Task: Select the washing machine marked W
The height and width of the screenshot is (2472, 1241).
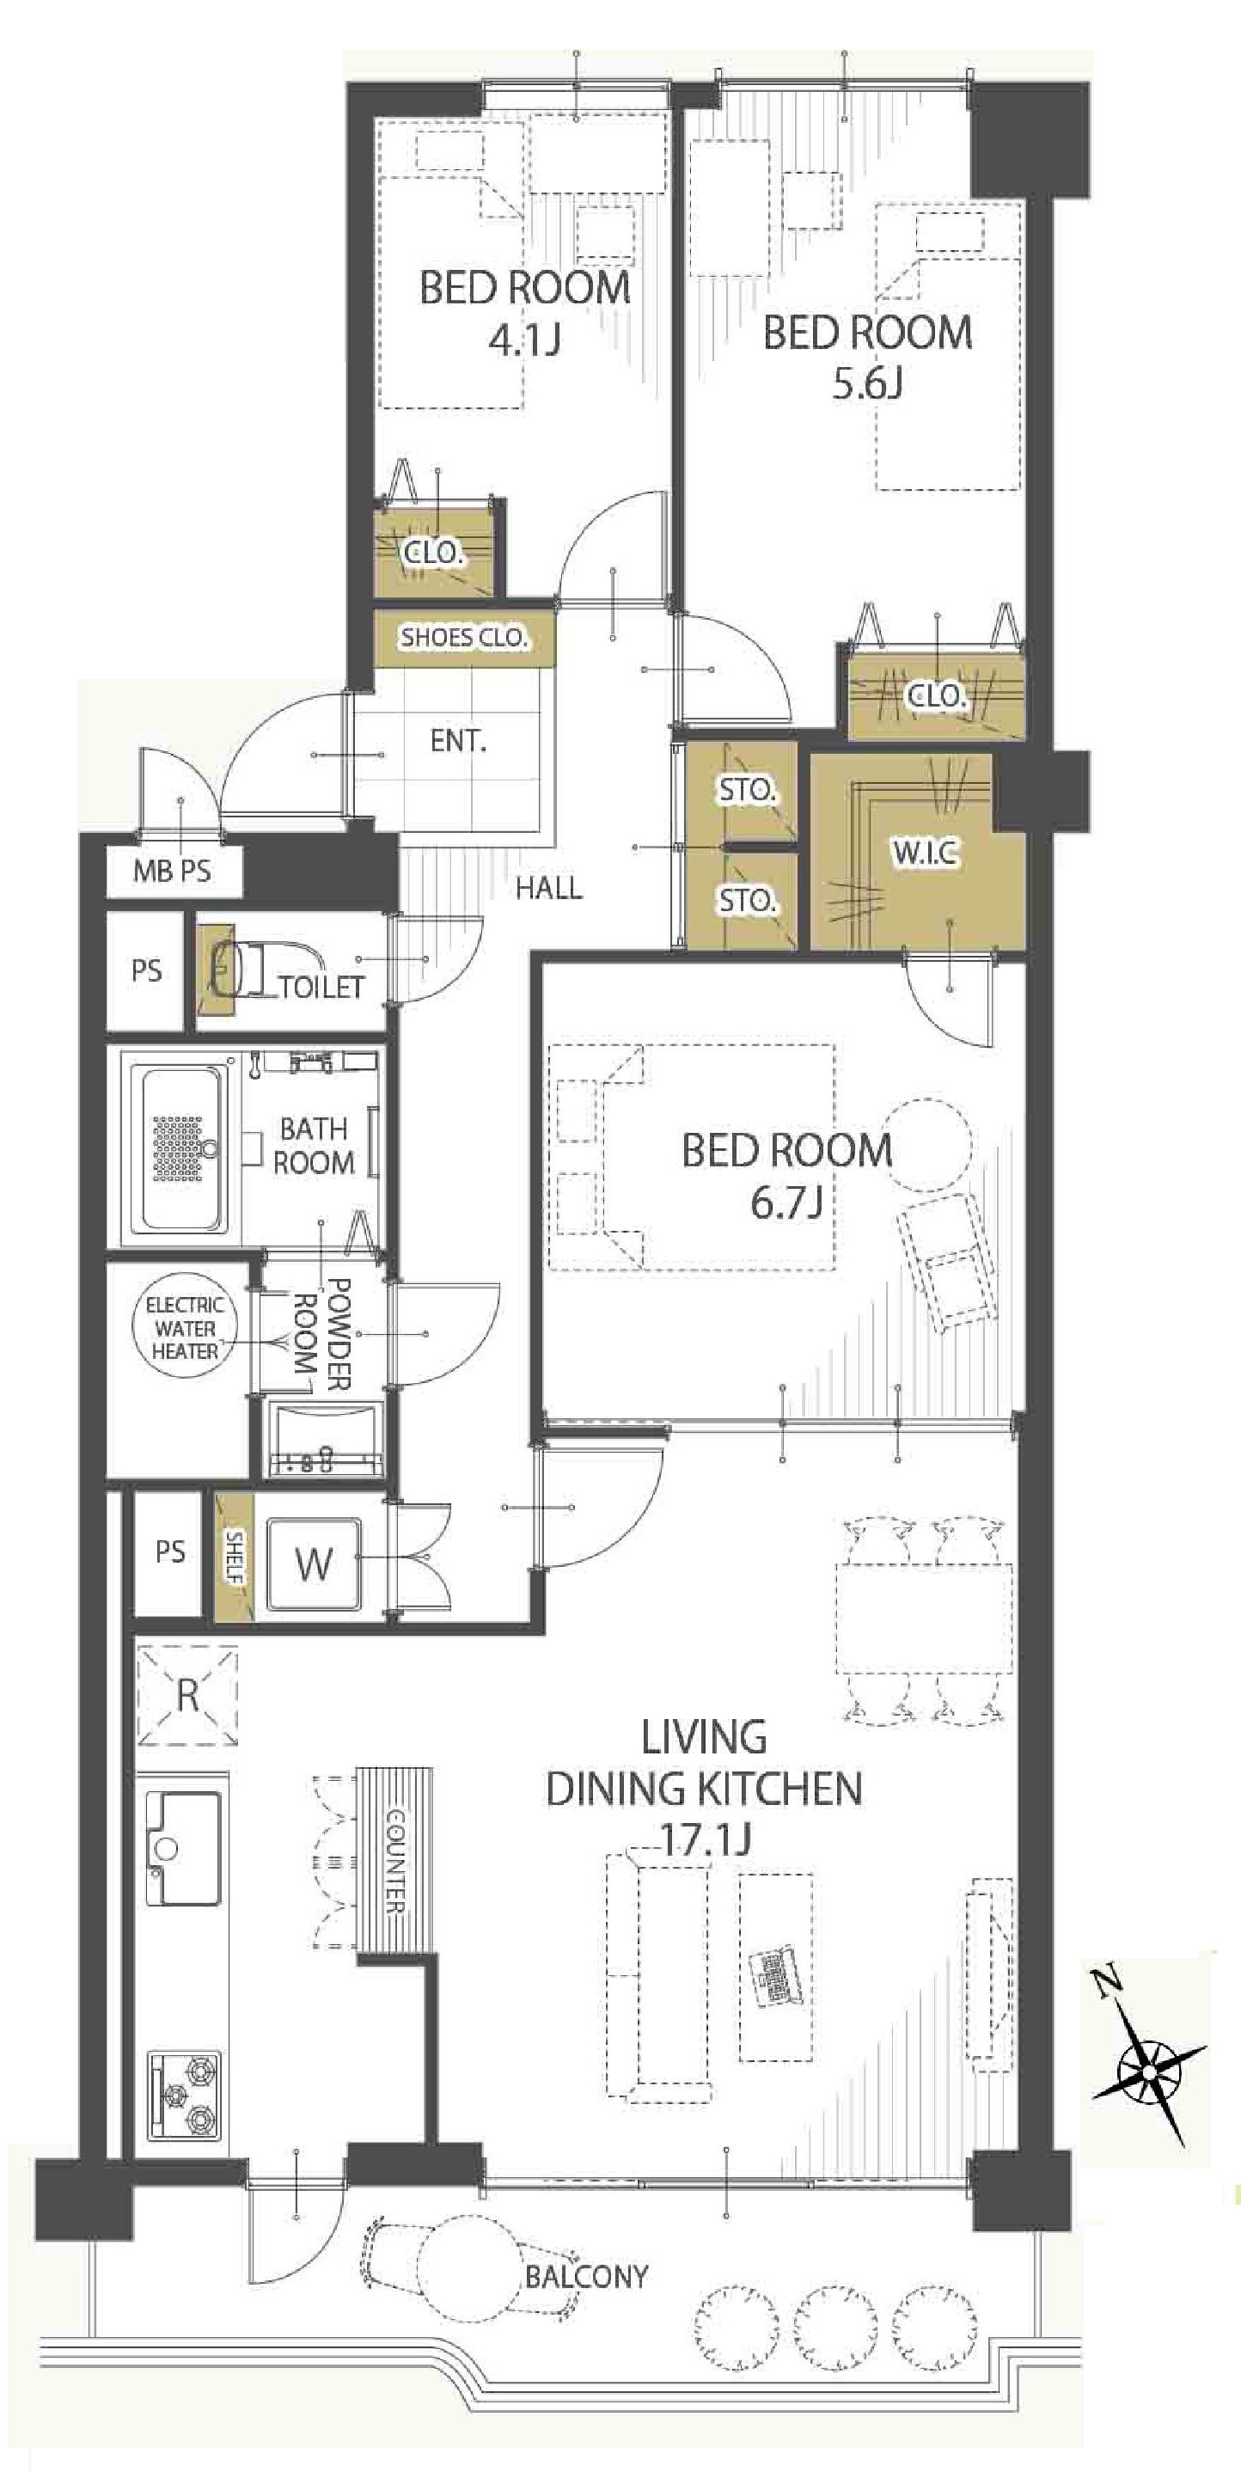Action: tap(314, 1564)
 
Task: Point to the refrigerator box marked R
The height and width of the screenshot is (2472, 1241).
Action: tap(187, 1695)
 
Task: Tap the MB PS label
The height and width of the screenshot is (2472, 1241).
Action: tap(172, 871)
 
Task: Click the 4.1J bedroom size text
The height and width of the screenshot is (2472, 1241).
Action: tap(524, 340)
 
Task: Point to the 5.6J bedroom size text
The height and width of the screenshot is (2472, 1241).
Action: tap(866, 384)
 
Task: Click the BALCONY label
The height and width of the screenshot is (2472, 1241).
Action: tap(586, 2276)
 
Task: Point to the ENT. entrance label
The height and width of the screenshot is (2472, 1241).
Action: tap(458, 741)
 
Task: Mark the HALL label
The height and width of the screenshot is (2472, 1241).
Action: tap(548, 888)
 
